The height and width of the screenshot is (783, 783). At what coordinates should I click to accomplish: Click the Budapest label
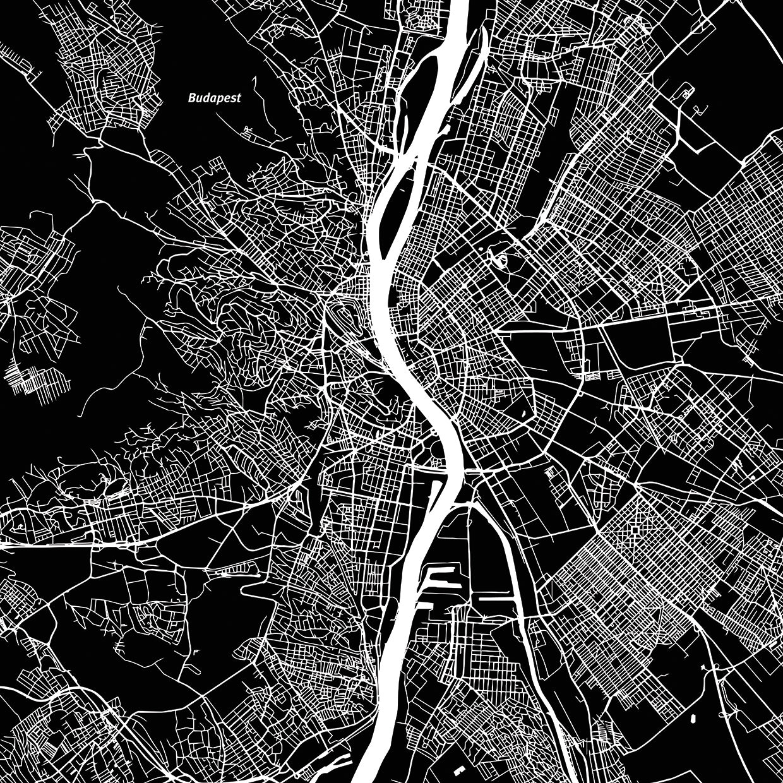point(214,99)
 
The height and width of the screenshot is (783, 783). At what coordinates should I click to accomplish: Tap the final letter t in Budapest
point(239,99)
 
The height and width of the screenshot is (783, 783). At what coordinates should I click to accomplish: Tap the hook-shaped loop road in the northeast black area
point(685,93)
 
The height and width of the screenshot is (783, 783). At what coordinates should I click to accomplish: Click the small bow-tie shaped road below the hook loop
point(697,110)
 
